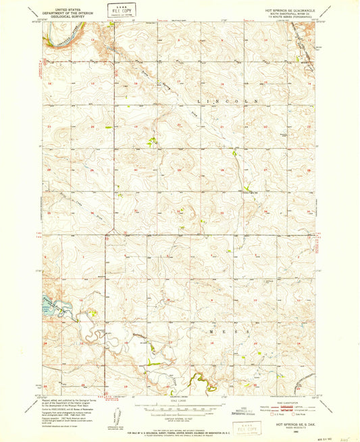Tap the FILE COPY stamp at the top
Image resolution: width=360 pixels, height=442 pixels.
pos(121,11)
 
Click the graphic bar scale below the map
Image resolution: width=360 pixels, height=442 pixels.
pos(180,406)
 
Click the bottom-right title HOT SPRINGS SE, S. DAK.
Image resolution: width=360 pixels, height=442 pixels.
pos(290,421)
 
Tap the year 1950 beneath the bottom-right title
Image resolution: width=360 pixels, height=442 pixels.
pos(290,426)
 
